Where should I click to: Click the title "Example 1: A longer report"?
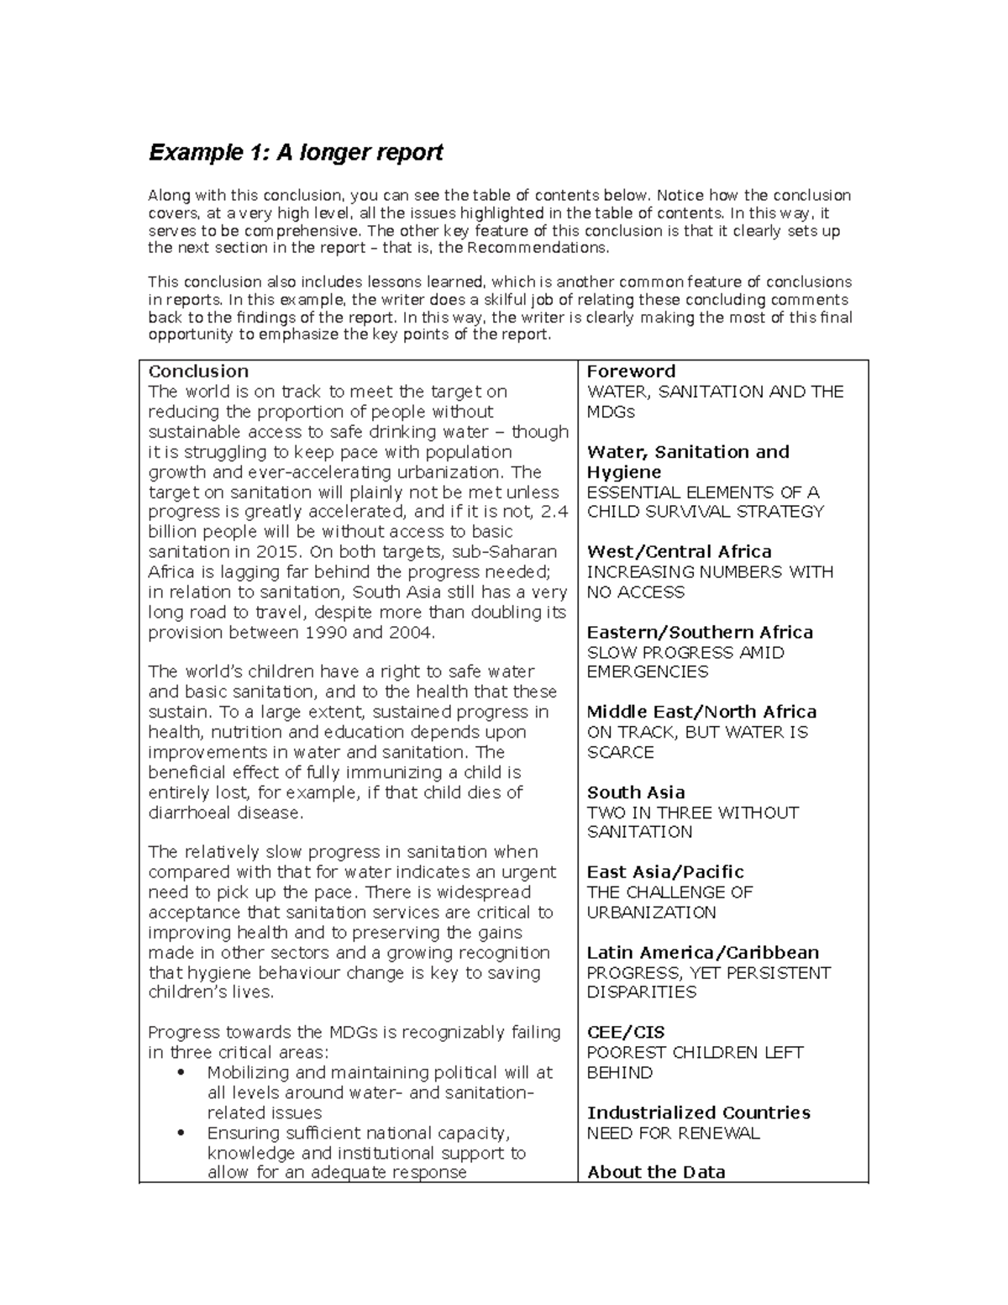pyautogui.click(x=296, y=153)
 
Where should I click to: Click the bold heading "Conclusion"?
pyautogui.click(x=198, y=371)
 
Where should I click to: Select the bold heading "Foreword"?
pyautogui.click(x=631, y=371)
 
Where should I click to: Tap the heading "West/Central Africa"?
pyautogui.click(x=679, y=552)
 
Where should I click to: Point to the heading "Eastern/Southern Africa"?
pyautogui.click(x=700, y=633)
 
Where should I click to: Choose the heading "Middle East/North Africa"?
pyautogui.click(x=701, y=712)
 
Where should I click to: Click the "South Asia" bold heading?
pyautogui.click(x=636, y=792)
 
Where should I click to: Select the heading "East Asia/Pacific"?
pyautogui.click(x=665, y=872)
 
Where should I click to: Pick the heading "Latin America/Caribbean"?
pyautogui.click(x=702, y=953)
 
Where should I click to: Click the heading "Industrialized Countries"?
pyautogui.click(x=698, y=1113)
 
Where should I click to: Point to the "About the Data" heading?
pyautogui.click(x=656, y=1172)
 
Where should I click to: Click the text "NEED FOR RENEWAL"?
pyautogui.click(x=673, y=1134)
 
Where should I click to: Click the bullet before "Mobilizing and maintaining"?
pyautogui.click(x=181, y=1073)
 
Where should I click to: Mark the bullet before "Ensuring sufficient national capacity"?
pyautogui.click(x=181, y=1134)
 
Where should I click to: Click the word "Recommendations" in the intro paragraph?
pyautogui.click(x=536, y=248)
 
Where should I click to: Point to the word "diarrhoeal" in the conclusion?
pyautogui.click(x=189, y=813)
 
